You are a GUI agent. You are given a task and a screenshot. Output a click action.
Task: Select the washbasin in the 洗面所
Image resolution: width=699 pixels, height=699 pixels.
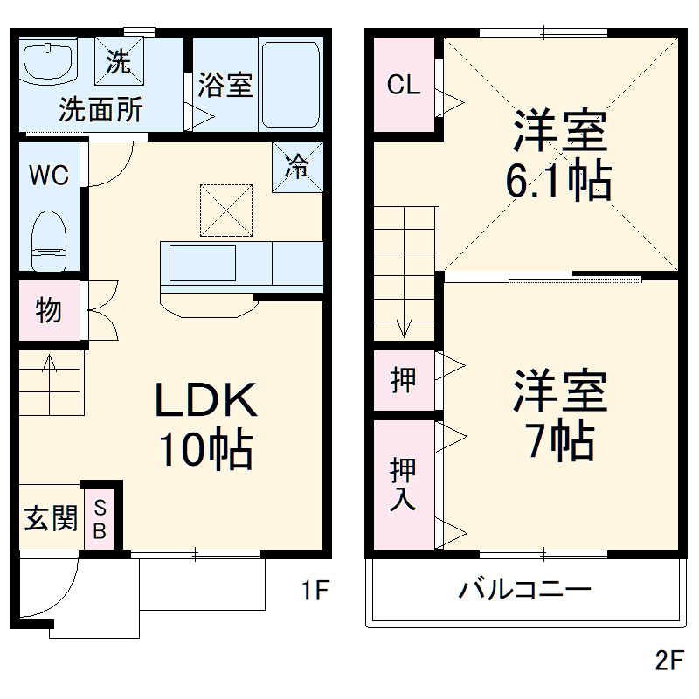tap(48, 62)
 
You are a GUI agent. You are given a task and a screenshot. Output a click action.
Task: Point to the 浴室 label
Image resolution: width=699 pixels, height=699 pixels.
tap(225, 86)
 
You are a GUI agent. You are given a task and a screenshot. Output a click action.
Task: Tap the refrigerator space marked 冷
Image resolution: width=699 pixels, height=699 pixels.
tap(299, 165)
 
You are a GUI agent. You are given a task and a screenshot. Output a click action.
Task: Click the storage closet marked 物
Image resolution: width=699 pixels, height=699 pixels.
tap(48, 309)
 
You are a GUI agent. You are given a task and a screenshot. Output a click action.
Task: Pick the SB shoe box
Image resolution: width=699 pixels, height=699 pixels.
tap(100, 519)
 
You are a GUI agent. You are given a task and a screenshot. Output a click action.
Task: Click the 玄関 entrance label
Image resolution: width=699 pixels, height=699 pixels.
tap(50, 518)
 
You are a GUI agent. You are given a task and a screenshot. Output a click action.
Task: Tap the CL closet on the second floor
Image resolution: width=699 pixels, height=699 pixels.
tap(404, 86)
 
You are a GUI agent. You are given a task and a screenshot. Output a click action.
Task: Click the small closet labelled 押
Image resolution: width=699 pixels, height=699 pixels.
tap(403, 380)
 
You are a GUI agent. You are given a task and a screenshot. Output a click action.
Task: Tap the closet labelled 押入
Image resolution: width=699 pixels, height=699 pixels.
tap(403, 483)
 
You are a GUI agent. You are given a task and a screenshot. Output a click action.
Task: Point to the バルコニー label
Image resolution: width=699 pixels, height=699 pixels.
tap(526, 589)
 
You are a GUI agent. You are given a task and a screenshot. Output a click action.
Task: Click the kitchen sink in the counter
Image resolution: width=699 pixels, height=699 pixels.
tap(202, 262)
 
